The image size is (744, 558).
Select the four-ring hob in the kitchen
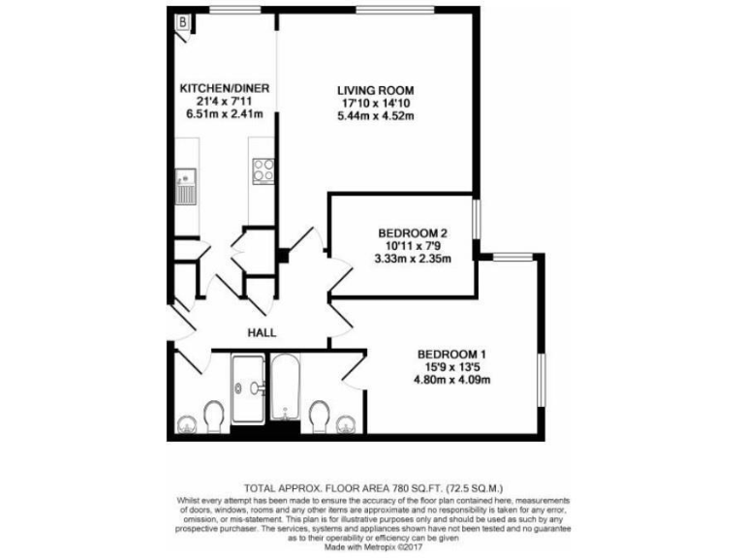263,171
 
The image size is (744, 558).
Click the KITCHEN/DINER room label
225,88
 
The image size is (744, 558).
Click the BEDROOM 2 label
412,233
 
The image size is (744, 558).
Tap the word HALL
262,332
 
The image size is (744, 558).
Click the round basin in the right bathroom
346,422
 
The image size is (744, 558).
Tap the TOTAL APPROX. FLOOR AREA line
372,488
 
